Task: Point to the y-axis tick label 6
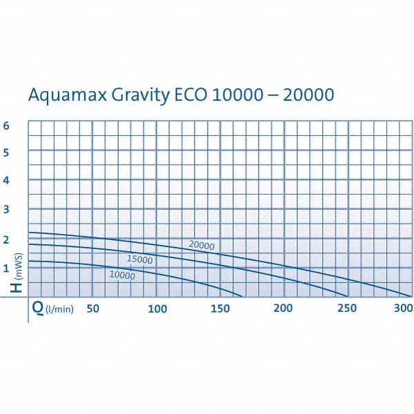tap(6, 126)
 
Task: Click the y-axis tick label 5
tap(6, 152)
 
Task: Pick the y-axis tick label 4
tap(6, 181)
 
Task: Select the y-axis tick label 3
tap(6, 210)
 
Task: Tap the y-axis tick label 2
tap(6, 239)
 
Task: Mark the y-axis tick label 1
tap(6, 268)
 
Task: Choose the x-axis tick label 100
tap(157, 308)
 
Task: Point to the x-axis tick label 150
tap(220, 308)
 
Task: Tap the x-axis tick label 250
tap(347, 308)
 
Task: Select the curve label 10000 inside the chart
tap(121, 275)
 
